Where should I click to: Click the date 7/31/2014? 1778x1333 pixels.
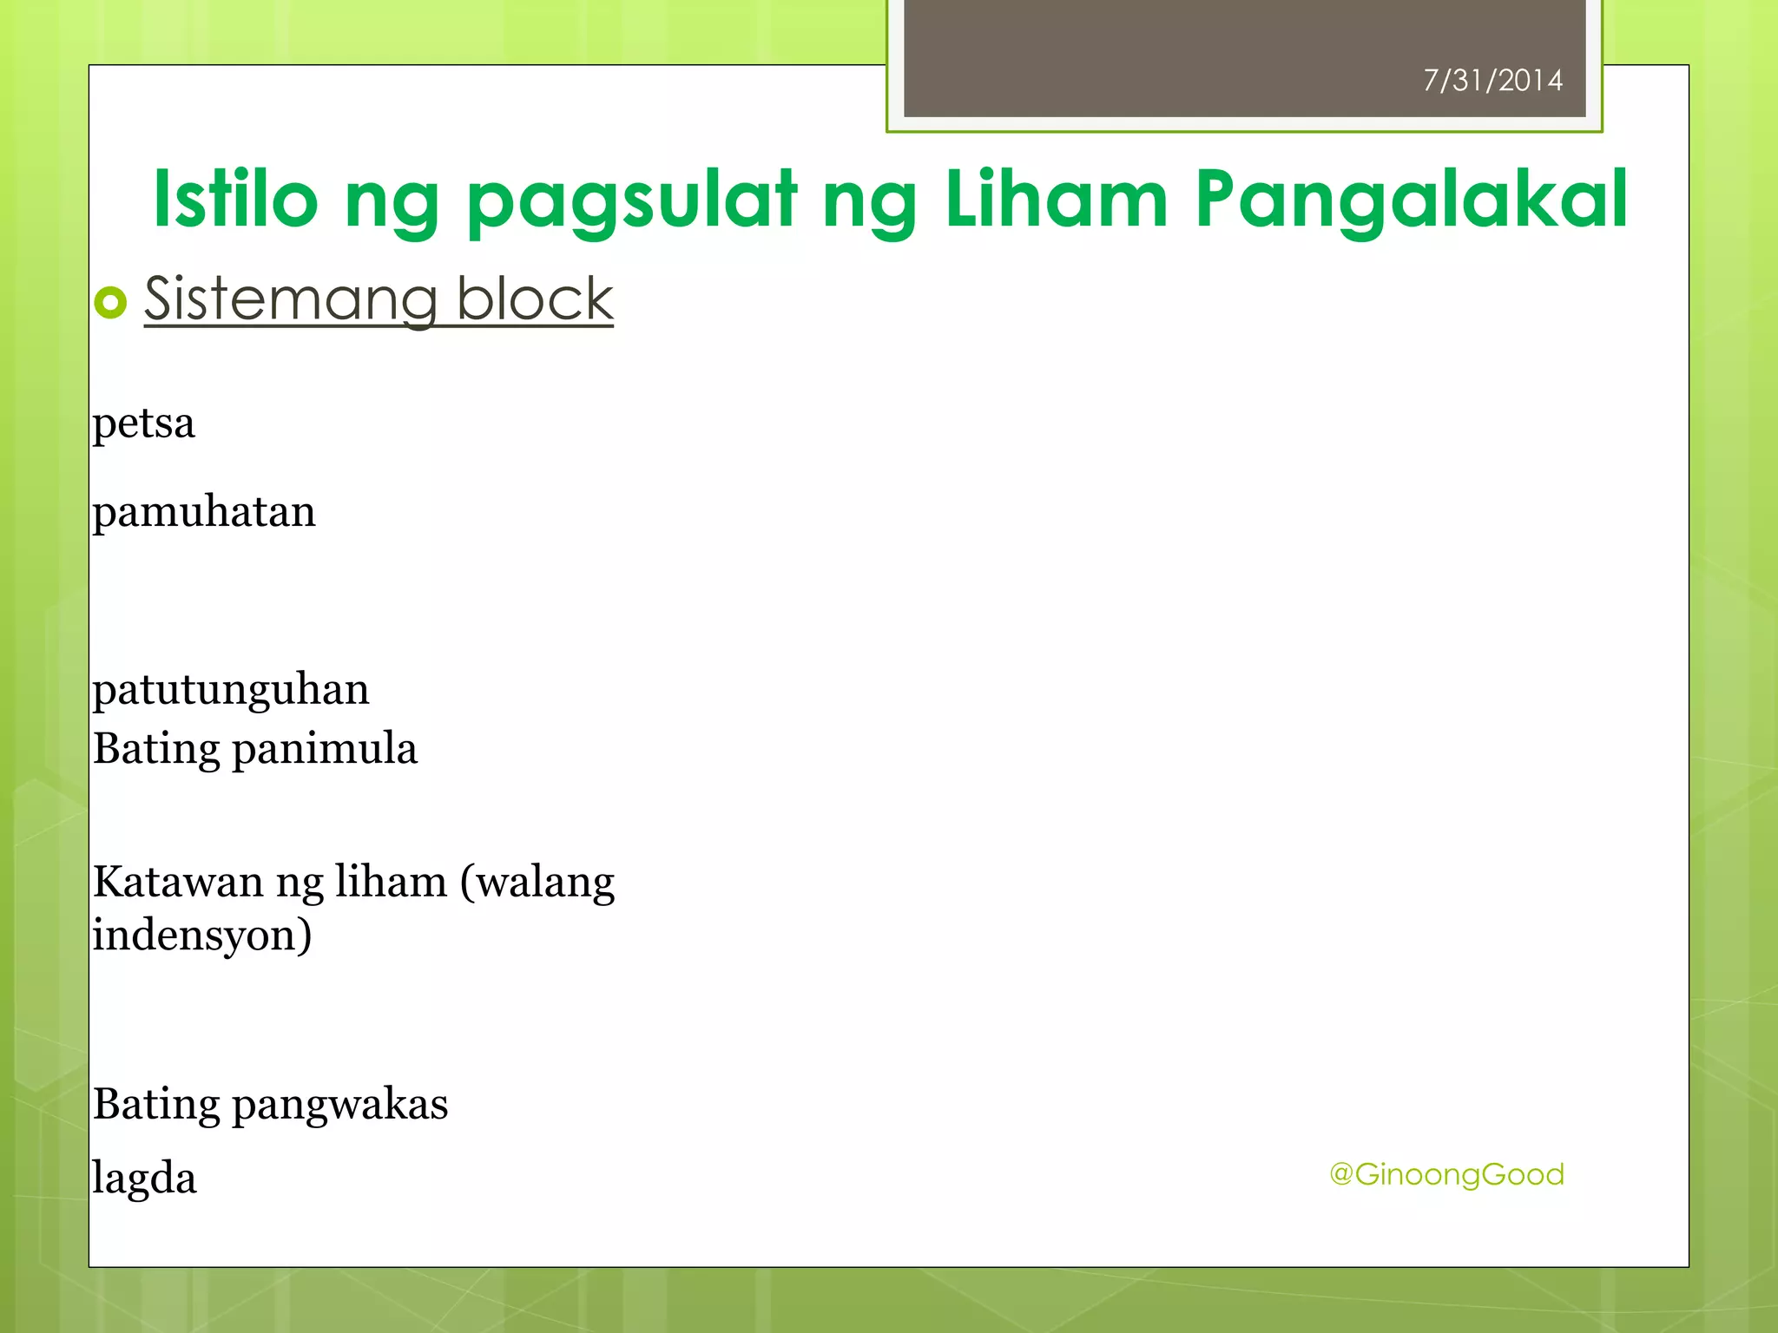1492,81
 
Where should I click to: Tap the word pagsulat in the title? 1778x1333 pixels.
631,201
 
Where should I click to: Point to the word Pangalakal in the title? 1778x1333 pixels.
1410,201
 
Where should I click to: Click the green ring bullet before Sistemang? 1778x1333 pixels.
110,303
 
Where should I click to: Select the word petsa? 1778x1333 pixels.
144,424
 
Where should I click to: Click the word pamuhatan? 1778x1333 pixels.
204,512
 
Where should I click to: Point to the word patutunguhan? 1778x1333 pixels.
231,691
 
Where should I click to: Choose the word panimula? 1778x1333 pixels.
325,749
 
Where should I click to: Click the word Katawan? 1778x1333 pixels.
178,883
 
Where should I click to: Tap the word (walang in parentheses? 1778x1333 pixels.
537,883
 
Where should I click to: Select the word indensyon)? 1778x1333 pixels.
202,936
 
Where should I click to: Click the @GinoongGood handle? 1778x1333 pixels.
1446,1174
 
